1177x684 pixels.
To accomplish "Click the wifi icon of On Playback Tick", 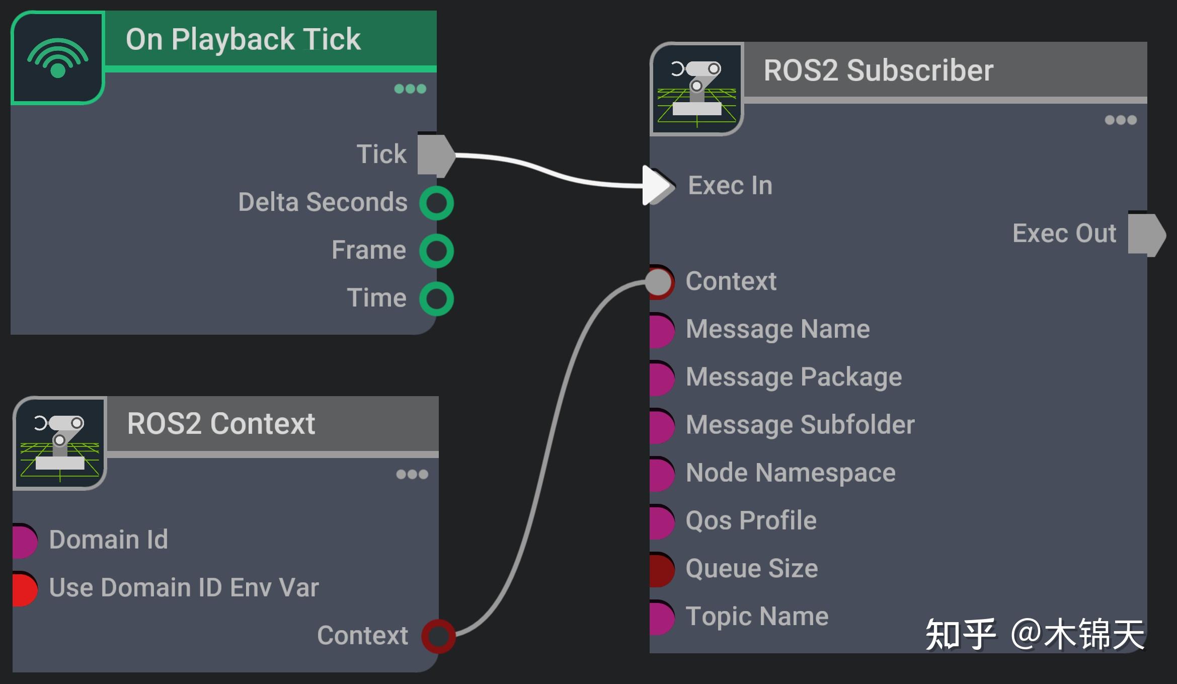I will click(x=57, y=57).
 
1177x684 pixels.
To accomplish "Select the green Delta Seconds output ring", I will click(x=436, y=203).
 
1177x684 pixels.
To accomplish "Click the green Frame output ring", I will click(x=436, y=251).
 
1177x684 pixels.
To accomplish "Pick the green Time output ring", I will click(x=436, y=298).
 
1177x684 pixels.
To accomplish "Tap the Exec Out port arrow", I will click(x=1146, y=235).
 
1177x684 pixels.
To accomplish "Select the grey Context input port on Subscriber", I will click(x=660, y=282).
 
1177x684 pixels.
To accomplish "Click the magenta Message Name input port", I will click(x=661, y=330).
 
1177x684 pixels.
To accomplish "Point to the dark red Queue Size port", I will click(x=661, y=569).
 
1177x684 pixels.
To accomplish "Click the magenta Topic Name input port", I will click(x=661, y=617).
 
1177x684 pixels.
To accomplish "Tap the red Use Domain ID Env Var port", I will click(x=24, y=588).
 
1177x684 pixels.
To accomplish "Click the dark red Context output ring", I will click(x=438, y=636).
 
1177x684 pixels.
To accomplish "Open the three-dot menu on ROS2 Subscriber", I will click(x=1120, y=120).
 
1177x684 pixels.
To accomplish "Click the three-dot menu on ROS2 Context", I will click(x=412, y=474).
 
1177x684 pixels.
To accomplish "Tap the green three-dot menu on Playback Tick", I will click(x=410, y=89).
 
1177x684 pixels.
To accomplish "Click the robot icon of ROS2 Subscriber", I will click(x=696, y=90).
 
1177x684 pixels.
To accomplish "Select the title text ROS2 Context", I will click(x=221, y=424).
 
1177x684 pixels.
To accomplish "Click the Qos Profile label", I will click(x=751, y=520).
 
